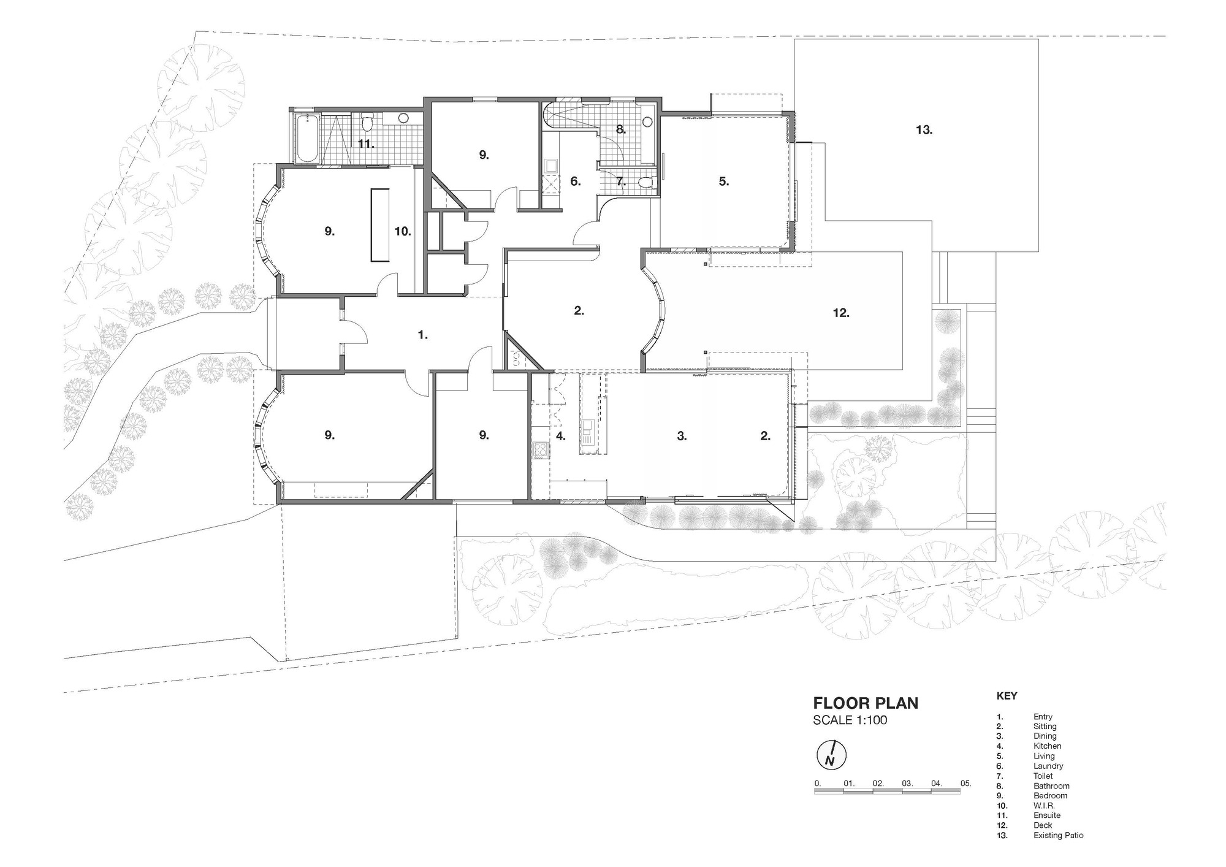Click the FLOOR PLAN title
pos(866,703)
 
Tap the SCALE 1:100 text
pos(850,720)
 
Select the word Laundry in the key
pos(1048,766)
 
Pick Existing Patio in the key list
pos(1058,835)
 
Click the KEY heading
pos(1007,696)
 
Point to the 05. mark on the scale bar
pos(965,783)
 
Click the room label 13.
pos(924,130)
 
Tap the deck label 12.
pos(841,313)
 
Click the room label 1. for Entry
pos(422,335)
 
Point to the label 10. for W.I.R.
pos(403,232)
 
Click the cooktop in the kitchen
pos(541,451)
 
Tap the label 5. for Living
pos(724,181)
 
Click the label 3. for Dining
pos(682,436)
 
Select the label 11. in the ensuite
pos(366,144)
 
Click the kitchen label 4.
pos(560,436)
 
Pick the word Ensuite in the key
pos(1046,815)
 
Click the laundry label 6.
pos(575,181)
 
